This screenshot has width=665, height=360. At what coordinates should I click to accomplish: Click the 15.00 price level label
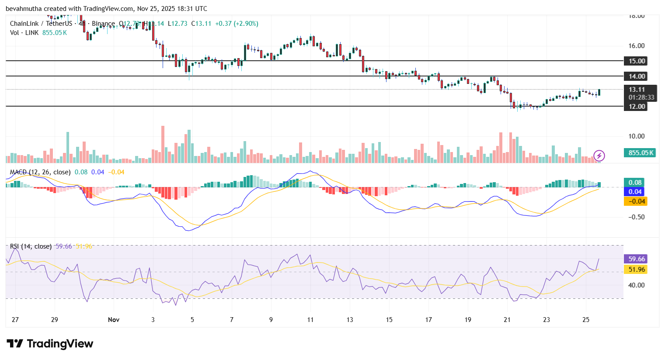point(637,61)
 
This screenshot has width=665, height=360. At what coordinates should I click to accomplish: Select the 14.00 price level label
point(637,76)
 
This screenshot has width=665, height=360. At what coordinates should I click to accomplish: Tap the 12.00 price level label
point(637,107)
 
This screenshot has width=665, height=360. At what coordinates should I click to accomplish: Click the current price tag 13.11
point(637,90)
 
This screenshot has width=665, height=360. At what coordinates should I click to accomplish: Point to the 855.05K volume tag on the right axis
point(641,153)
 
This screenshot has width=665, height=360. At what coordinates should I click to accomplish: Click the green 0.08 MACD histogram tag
point(635,183)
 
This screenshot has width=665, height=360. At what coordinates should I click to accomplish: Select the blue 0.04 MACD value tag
point(635,192)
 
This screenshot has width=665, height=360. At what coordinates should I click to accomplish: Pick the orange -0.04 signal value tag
point(636,201)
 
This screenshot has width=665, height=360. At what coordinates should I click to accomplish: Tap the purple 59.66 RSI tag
point(637,259)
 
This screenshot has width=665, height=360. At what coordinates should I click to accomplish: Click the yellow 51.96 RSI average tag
point(637,270)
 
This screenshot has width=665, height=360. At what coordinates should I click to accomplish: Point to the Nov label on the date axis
point(114,320)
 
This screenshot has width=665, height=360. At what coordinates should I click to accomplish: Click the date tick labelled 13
point(350,320)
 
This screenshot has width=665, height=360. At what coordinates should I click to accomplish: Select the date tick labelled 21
point(507,320)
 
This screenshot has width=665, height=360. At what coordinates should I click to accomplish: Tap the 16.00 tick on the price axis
point(637,46)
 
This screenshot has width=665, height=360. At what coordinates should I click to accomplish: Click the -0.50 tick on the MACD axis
point(636,217)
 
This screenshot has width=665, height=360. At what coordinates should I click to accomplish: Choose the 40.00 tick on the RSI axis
point(637,285)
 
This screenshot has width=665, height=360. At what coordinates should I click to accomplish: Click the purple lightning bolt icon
point(599,156)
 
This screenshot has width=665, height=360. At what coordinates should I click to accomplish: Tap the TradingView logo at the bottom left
point(50,344)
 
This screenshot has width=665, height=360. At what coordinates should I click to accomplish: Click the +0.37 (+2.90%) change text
point(237,24)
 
